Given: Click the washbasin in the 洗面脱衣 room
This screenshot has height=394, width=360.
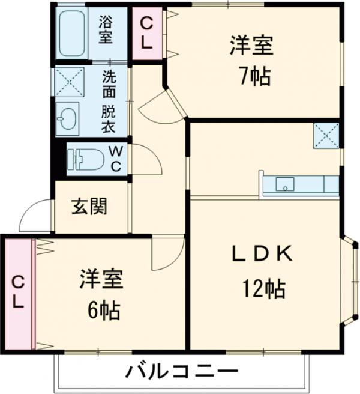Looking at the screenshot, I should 67,117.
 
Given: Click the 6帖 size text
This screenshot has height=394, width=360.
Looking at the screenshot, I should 101,310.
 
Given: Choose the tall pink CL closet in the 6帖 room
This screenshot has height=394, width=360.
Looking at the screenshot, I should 19,294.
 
